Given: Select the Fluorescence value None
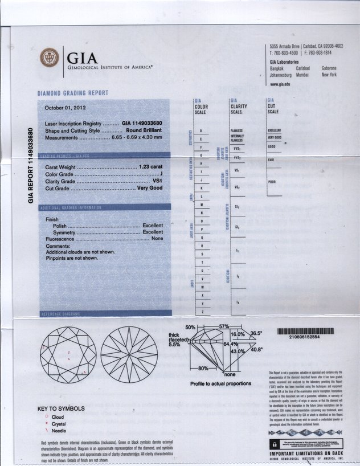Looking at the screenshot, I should coord(157,239).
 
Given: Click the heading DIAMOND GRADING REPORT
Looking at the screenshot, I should coord(73,93).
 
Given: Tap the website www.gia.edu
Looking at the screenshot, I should coord(280,84).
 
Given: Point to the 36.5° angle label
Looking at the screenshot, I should coord(256,333).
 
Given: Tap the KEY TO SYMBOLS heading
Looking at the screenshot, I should coord(61,408).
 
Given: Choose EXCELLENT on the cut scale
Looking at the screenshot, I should coord(275,130).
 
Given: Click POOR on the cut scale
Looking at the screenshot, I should coord(272,182).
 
